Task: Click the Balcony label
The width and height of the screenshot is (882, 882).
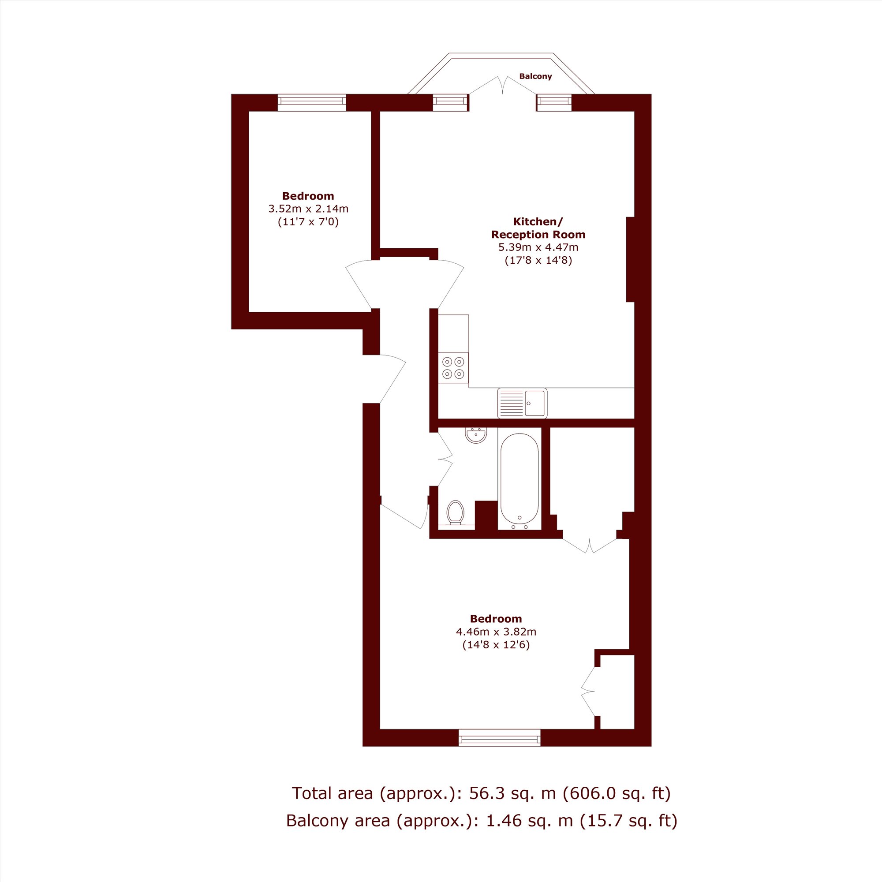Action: [535, 76]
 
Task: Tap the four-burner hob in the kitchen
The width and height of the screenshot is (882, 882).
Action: [453, 367]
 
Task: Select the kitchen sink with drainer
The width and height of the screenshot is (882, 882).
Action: [522, 403]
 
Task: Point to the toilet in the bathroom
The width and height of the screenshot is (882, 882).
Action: [455, 513]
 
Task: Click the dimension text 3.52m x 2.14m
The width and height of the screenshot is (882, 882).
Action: [308, 209]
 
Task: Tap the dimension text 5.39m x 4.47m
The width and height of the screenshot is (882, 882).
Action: [538, 247]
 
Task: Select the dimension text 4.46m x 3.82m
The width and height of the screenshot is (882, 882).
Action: [496, 632]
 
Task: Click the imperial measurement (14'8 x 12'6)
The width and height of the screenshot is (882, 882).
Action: [496, 645]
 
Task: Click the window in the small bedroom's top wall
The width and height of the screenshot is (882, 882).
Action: [312, 103]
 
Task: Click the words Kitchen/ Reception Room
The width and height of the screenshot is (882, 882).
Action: [538, 228]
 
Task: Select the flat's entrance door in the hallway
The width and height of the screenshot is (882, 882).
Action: [392, 378]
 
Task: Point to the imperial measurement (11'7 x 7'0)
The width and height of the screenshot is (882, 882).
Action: [308, 222]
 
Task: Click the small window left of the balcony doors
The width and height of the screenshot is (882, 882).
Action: [451, 103]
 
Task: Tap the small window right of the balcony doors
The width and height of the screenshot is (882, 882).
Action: [554, 103]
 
